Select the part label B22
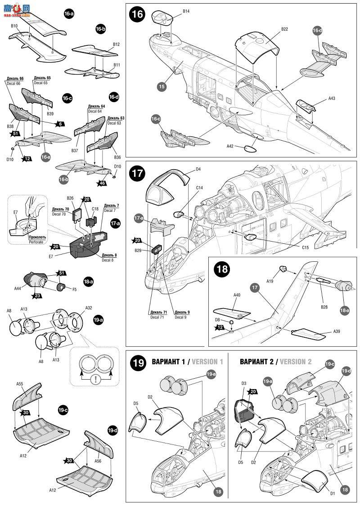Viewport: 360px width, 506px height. pyautogui.click(x=284, y=29)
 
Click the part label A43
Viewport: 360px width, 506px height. pyautogui.click(x=332, y=98)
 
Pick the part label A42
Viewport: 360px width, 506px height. pyautogui.click(x=230, y=146)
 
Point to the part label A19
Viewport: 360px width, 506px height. pyautogui.click(x=270, y=281)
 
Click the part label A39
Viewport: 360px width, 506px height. pyautogui.click(x=337, y=331)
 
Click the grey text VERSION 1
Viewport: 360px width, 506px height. pyautogui.click(x=209, y=361)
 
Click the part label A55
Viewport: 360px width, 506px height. pyautogui.click(x=20, y=384)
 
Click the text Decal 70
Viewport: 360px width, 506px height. pyautogui.click(x=60, y=215)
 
